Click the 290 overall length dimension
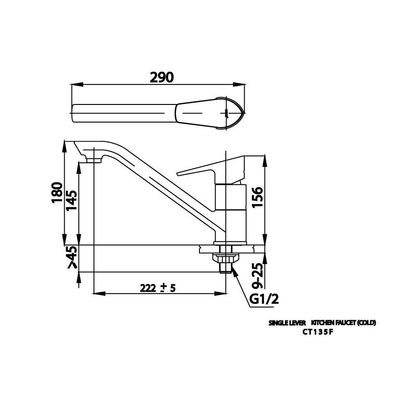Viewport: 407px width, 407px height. pos(161,77)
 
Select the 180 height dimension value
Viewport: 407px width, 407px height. pos(57,193)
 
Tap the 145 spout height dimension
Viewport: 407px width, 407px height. pos(71,201)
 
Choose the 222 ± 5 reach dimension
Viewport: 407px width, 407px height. pos(157,288)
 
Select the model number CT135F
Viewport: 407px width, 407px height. pos(317,331)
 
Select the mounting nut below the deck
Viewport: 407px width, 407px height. pos(225,259)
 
